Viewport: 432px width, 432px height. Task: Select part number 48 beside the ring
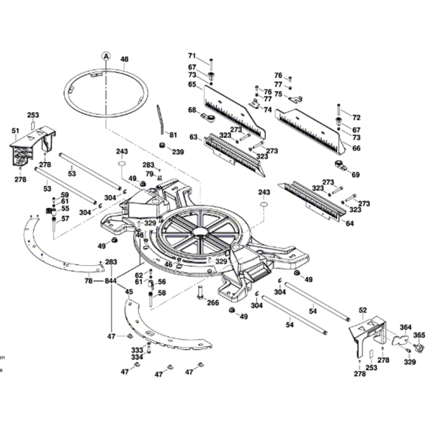[125, 59]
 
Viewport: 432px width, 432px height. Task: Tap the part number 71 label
[192, 56]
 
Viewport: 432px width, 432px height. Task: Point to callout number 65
[192, 84]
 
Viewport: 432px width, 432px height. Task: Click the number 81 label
[173, 135]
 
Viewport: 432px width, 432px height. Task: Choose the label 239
[178, 152]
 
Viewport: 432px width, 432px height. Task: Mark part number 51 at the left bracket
[15, 130]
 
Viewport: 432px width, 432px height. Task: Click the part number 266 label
[213, 303]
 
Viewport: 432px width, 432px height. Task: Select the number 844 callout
[110, 280]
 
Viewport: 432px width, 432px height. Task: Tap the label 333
[137, 349]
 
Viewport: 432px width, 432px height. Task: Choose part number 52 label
[362, 310]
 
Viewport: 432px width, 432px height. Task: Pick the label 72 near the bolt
[356, 117]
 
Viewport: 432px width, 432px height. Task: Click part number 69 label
[355, 175]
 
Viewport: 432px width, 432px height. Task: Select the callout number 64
[350, 224]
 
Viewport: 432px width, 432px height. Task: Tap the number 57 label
[65, 219]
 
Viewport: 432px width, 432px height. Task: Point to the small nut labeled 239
[163, 146]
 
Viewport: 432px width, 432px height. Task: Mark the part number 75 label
[278, 94]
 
